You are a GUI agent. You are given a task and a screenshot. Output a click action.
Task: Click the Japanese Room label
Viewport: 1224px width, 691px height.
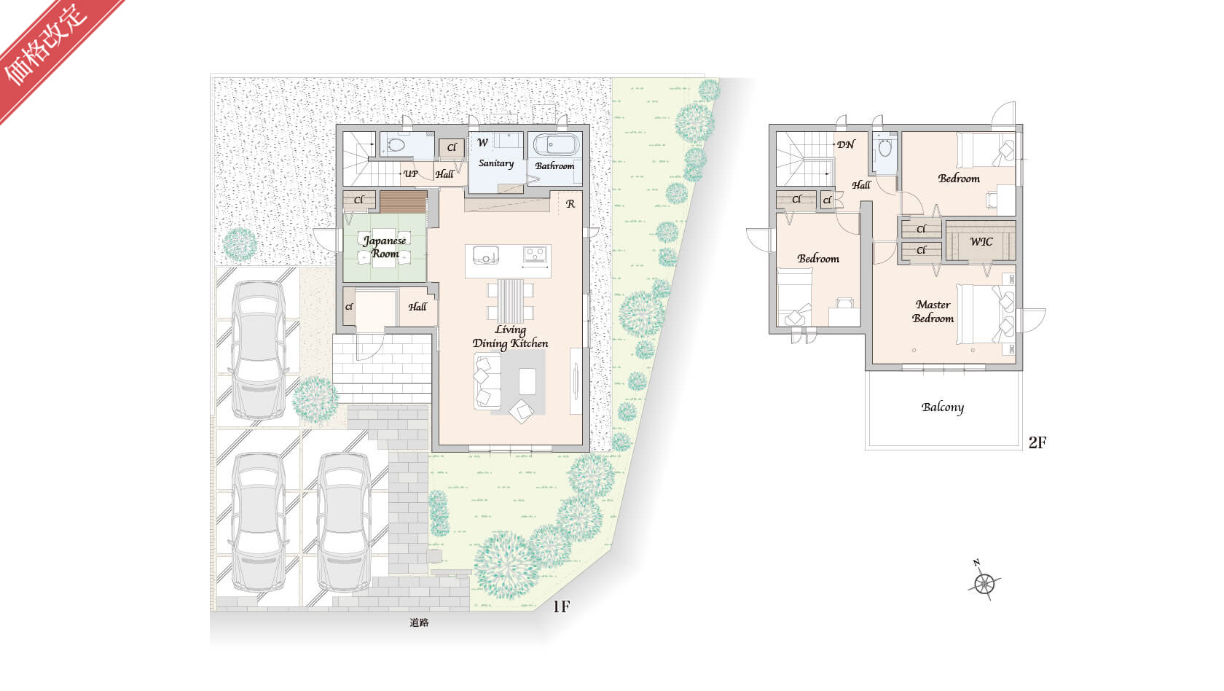385,247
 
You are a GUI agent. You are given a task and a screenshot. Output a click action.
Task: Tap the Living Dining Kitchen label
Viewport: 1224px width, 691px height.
510,337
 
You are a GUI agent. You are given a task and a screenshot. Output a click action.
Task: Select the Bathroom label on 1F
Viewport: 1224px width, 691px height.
554,165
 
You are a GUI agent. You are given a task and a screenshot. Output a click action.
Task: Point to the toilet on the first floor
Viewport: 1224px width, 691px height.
396,146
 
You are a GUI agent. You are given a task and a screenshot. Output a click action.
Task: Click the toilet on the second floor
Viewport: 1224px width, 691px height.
885,147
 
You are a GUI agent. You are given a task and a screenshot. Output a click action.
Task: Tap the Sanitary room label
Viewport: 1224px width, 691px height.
496,163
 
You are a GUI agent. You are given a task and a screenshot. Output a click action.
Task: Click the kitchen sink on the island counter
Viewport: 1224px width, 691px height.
485,255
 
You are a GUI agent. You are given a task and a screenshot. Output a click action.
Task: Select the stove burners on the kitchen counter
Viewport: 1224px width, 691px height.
535,254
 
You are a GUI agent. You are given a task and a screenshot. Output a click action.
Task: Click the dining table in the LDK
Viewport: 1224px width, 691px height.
510,301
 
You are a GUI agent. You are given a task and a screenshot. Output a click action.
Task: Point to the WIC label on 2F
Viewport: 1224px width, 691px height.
981,242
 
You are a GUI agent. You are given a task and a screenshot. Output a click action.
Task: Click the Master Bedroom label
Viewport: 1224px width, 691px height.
933,312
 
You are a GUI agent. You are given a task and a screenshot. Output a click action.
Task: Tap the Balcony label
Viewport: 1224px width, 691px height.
943,407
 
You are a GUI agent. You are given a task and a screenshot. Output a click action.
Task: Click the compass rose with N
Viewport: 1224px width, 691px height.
985,583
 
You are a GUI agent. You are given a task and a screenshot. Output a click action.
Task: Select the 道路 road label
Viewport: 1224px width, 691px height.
419,622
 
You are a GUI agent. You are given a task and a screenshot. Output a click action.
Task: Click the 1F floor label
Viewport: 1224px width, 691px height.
561,606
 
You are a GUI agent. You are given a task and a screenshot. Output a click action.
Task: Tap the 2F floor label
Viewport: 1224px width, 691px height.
1037,442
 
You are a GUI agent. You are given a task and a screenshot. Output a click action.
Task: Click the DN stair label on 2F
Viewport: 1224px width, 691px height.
846,145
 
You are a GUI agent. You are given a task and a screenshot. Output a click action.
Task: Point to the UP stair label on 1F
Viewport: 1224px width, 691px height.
411,173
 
